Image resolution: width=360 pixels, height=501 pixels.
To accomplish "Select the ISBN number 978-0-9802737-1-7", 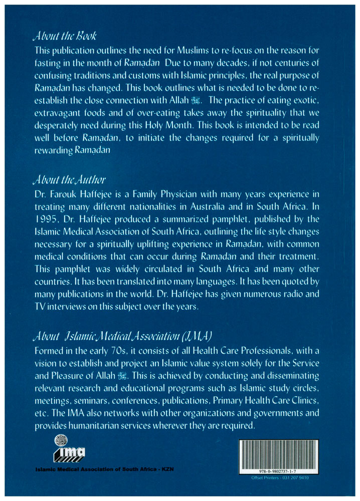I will coord(278,471).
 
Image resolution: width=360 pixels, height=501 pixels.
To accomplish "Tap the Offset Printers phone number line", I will coord(278,477).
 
